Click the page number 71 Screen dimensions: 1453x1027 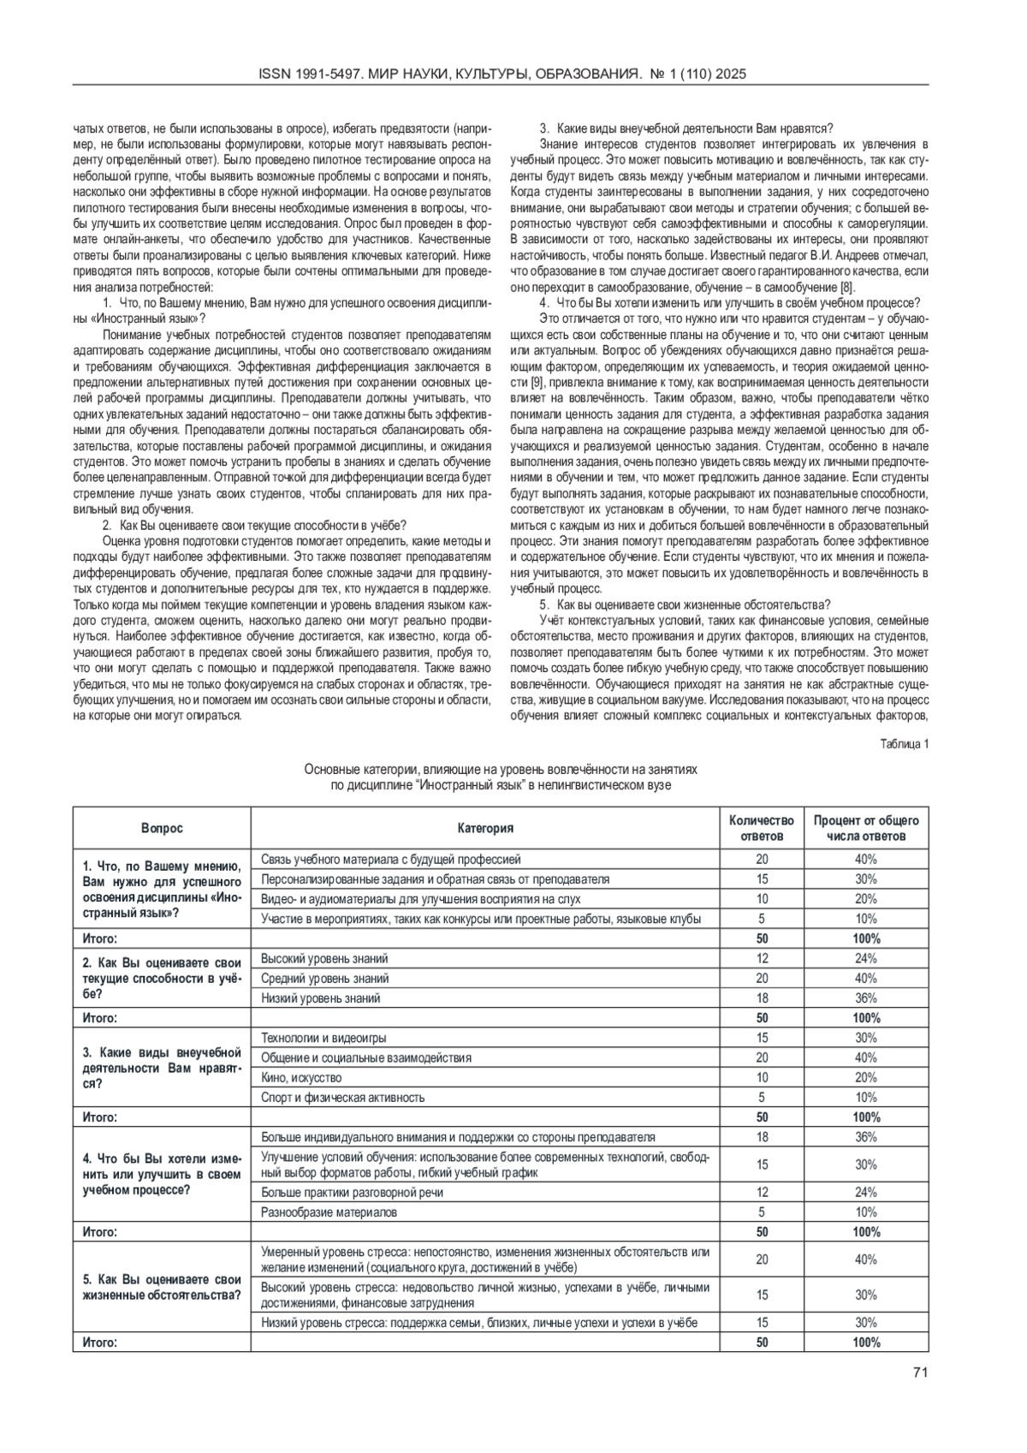tap(920, 1373)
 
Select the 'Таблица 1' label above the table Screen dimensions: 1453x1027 tap(904, 743)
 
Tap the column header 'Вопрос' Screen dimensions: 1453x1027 tap(162, 828)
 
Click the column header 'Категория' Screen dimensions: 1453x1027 tap(485, 828)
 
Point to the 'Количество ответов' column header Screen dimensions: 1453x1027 tap(762, 828)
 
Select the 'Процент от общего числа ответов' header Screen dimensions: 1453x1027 tap(865, 828)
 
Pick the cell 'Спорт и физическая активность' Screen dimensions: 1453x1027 tap(342, 1097)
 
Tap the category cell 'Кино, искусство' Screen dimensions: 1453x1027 tap(301, 1077)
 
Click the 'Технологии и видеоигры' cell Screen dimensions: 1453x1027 tap(324, 1038)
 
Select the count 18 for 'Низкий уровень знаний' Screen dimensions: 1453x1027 tap(762, 997)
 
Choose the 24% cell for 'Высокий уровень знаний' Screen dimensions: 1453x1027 tap(865, 958)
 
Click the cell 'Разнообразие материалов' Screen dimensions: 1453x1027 tap(329, 1212)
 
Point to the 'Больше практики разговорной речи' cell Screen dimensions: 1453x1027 tap(352, 1192)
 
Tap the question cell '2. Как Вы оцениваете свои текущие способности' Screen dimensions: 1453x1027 tap(162, 978)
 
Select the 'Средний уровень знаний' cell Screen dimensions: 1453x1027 tap(324, 978)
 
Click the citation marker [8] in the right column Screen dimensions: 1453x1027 tap(846, 286)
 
